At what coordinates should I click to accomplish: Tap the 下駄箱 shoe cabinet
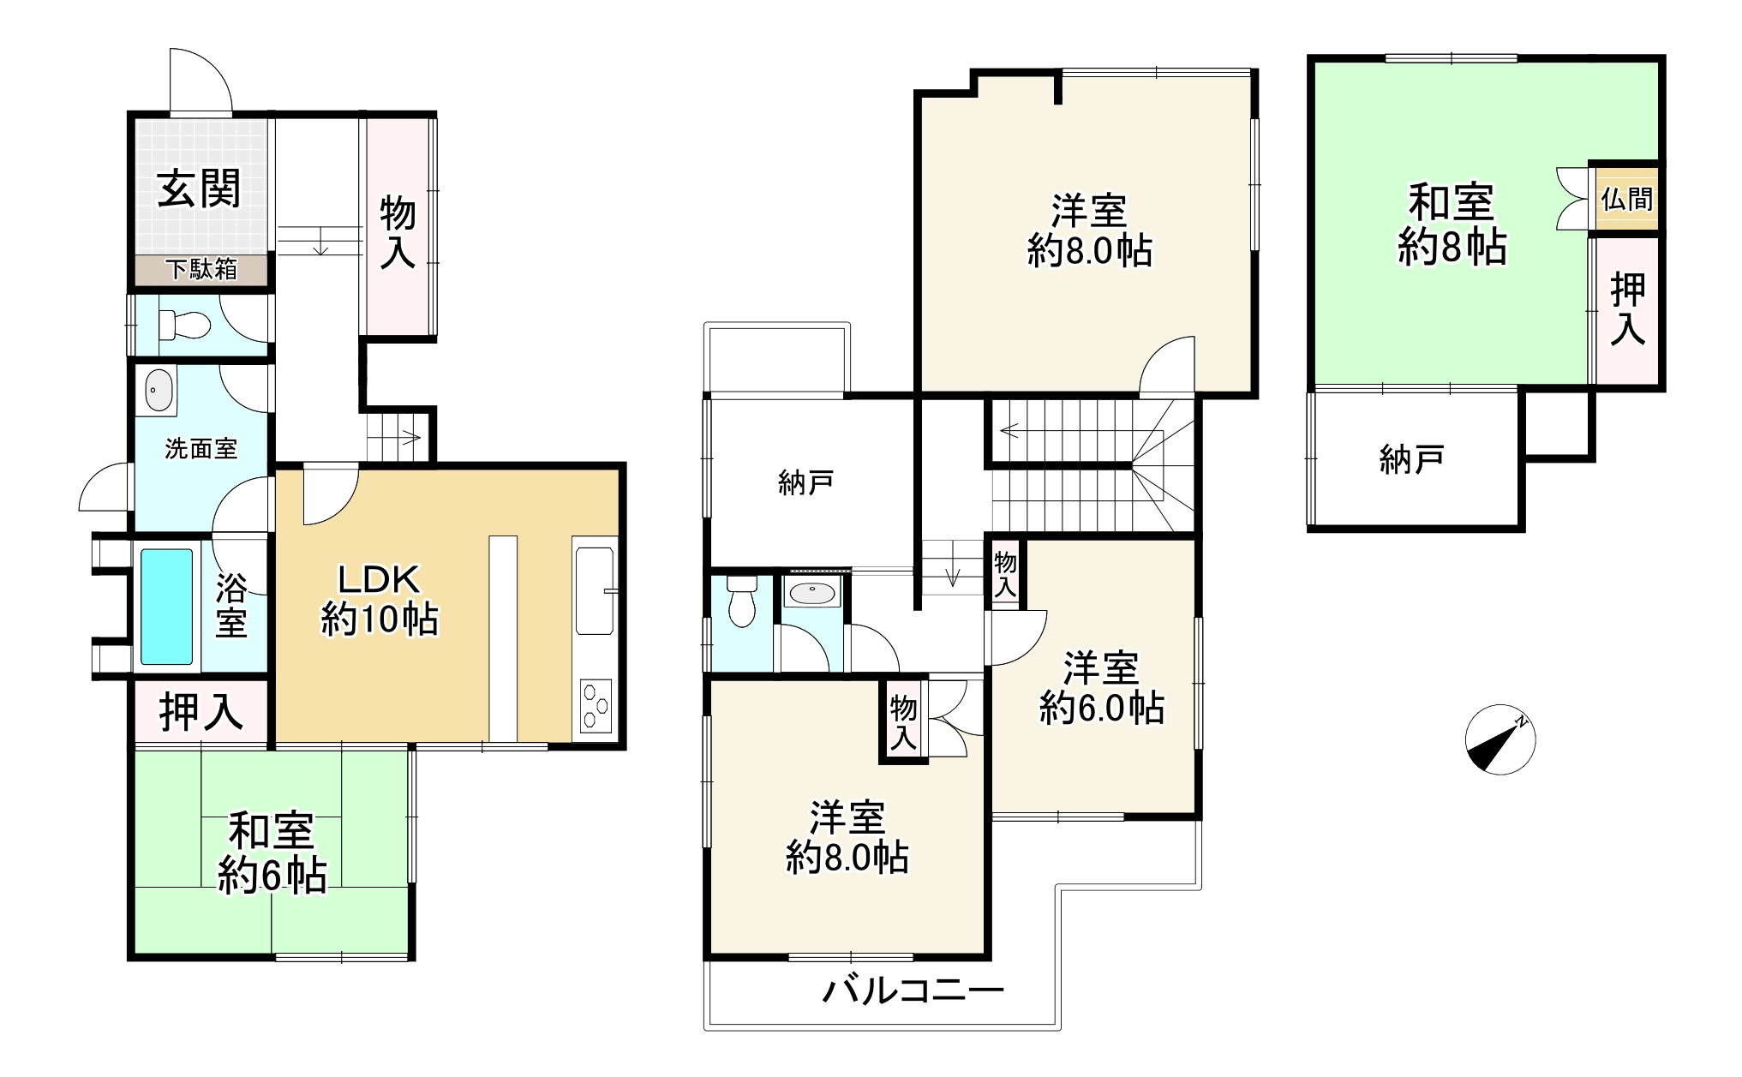point(202,270)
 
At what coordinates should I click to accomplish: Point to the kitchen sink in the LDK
point(596,591)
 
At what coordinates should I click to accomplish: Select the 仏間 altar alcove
point(1625,199)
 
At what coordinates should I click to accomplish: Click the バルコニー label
point(913,992)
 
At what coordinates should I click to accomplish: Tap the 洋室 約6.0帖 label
point(1101,687)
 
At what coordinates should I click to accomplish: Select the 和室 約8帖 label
point(1452,224)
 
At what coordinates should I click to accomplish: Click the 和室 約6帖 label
point(272,853)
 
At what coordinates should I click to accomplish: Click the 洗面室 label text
point(201,448)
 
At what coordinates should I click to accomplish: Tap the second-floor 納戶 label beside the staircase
point(806,484)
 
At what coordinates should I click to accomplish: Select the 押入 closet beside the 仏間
point(1626,309)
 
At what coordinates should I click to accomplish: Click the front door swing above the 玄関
point(201,81)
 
